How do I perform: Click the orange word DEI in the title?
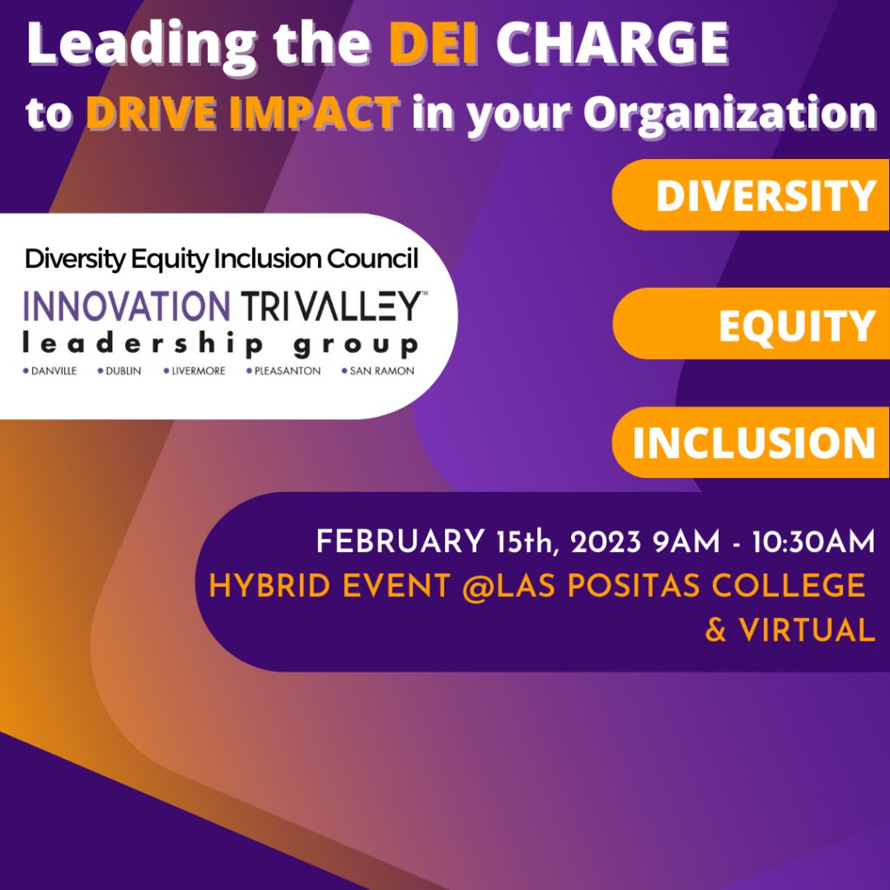coord(433,43)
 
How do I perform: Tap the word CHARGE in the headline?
coord(613,43)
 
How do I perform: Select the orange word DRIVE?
coord(151,113)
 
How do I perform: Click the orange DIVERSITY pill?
coord(750,195)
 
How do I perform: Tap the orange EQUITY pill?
coord(751,323)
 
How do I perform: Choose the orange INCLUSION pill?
coord(750,442)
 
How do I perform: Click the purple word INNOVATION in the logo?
coord(127,307)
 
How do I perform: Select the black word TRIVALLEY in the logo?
coord(333,307)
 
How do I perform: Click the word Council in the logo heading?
coord(372,259)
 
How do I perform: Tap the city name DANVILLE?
coord(53,371)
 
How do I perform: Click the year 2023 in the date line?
coord(606,541)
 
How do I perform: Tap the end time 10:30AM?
coord(814,541)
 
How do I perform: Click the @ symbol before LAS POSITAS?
coord(479,587)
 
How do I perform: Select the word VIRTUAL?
coord(807,630)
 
